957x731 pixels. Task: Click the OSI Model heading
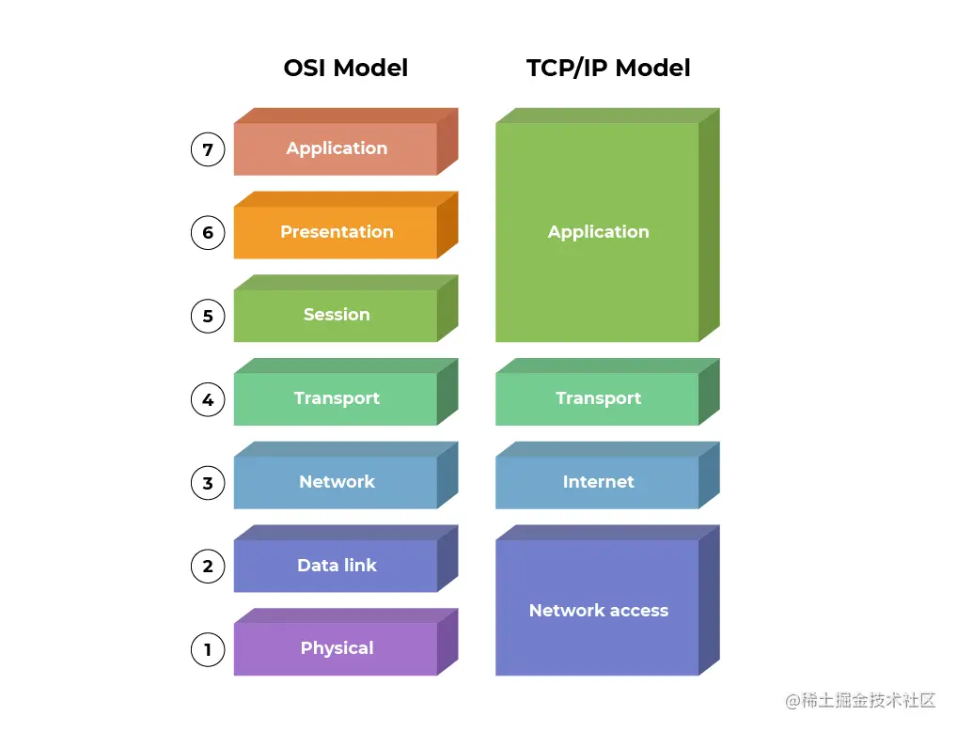[x=345, y=69]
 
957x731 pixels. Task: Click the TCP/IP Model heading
[x=608, y=69]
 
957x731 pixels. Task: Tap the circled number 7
[x=208, y=148]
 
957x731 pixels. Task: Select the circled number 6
[x=208, y=232]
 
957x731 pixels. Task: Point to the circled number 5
[x=208, y=316]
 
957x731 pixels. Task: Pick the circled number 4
[x=208, y=399]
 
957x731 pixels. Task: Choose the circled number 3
[x=208, y=483]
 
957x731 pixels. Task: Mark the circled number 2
[x=208, y=566]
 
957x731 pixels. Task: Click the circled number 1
[x=208, y=648]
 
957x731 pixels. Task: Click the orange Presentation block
[x=336, y=232]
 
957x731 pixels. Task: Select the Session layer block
[x=336, y=315]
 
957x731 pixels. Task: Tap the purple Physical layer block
[x=336, y=648]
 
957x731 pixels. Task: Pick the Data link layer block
[x=336, y=566]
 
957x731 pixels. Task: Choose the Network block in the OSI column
[x=336, y=482]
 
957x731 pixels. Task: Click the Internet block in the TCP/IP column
[x=598, y=482]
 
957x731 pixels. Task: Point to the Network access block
[x=598, y=611]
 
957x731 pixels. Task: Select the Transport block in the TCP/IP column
[x=598, y=398]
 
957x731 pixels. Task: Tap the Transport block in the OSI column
[x=336, y=398]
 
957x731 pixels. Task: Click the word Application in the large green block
[x=598, y=232]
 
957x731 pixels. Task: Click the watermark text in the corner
[x=861, y=701]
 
